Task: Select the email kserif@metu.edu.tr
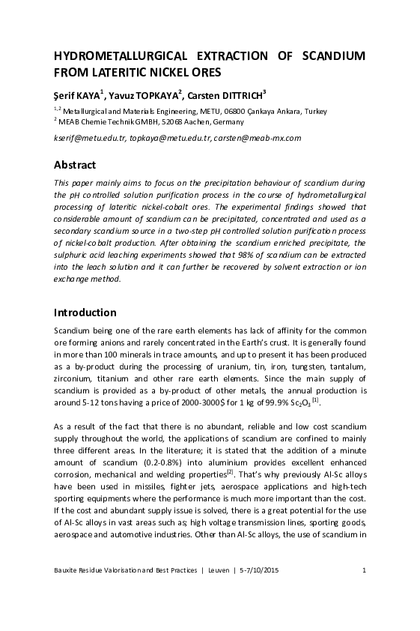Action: pyautogui.click(x=89, y=139)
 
